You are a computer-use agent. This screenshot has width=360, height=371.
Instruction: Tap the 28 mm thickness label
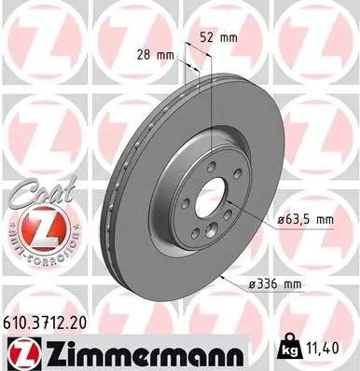point(157,57)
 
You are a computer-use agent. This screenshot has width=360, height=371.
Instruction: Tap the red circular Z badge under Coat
point(41,227)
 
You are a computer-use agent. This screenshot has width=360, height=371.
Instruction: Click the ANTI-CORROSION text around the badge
point(41,250)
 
